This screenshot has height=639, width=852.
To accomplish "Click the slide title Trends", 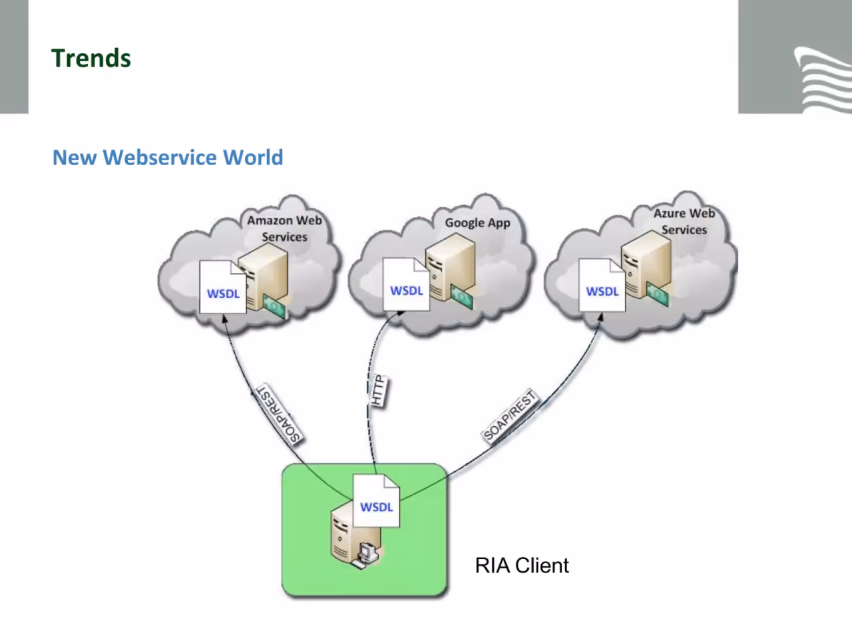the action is [x=91, y=58].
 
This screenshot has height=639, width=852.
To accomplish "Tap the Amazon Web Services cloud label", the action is [x=284, y=228].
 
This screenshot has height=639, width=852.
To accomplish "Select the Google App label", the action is [x=477, y=223].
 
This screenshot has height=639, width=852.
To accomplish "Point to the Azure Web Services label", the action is [x=684, y=221].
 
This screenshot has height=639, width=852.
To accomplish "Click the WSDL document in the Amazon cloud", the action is [x=223, y=287].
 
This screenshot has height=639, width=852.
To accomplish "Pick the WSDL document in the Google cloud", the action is [x=406, y=284].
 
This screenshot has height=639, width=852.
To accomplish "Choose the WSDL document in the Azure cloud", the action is [x=602, y=285].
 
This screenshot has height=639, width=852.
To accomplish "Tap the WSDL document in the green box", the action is [x=376, y=501].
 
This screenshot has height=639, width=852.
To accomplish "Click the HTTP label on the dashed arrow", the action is [x=377, y=391].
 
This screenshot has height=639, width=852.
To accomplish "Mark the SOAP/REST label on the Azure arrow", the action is [x=509, y=416].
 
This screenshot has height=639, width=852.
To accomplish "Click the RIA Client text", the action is [x=522, y=565].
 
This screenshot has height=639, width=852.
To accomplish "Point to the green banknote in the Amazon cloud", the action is [x=274, y=306].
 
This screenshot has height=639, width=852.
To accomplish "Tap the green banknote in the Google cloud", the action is [x=462, y=297].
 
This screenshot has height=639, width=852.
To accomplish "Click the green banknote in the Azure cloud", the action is [x=658, y=294].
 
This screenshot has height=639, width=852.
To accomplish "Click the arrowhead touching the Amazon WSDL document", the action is [x=224, y=319].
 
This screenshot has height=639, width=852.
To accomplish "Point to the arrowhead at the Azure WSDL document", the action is [x=600, y=318].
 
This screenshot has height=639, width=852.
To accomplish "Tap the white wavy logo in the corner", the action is [x=823, y=79].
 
